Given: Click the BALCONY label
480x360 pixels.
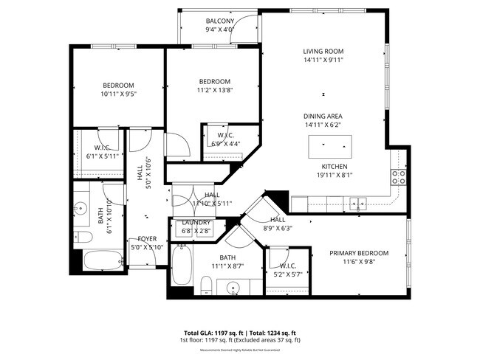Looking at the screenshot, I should click(220, 21).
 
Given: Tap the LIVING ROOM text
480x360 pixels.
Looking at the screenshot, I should click(323, 52).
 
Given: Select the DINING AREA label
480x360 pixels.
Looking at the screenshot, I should click(323, 117).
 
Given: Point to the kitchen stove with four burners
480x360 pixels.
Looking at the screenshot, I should click(398, 177).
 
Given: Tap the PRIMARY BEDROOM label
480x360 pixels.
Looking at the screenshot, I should click(359, 253).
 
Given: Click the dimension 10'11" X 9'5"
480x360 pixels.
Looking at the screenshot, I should click(119, 94).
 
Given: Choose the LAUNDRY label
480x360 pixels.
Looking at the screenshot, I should click(196, 223).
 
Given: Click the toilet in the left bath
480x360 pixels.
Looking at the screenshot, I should click(83, 237).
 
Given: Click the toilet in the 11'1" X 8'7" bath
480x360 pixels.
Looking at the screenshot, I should click(207, 285).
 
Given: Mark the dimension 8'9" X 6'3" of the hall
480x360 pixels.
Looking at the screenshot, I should click(278, 229).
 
